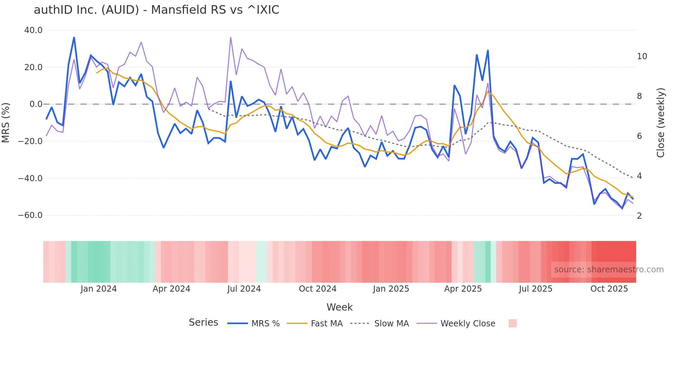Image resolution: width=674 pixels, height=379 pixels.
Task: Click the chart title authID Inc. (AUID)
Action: coord(156,10)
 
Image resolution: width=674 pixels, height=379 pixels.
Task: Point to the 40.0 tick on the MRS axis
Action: coord(33,30)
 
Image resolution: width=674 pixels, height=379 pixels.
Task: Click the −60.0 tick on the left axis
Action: coord(30,216)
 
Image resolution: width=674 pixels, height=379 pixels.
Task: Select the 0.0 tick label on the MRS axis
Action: coord(36,104)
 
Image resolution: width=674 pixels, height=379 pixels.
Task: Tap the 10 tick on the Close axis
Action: coord(642,56)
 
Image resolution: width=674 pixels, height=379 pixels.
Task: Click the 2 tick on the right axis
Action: coord(639,216)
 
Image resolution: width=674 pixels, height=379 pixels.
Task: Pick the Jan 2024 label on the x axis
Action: coord(99,289)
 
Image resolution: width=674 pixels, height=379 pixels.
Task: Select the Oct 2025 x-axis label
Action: coord(609,289)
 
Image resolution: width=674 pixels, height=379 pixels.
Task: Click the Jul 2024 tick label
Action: coord(244,289)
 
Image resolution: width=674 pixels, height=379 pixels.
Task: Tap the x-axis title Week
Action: coord(339,307)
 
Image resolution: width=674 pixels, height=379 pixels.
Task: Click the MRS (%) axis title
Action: coord(6,122)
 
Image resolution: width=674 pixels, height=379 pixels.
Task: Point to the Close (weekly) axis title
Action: coord(660,122)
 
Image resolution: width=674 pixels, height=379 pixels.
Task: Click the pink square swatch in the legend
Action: coord(512,323)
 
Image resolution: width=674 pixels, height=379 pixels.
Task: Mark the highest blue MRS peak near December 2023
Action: coord(74,37)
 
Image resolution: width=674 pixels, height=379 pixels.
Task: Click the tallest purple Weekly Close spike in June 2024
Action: coord(230,37)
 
